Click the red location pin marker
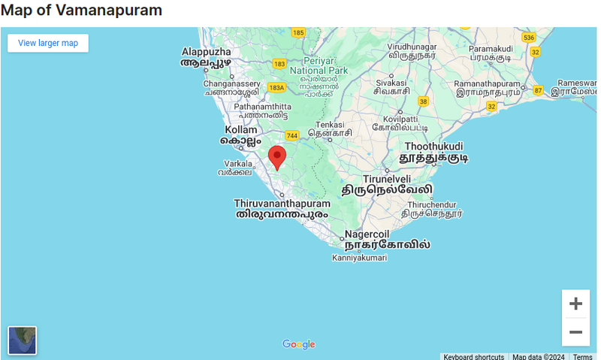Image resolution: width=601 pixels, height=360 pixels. pos(277,156)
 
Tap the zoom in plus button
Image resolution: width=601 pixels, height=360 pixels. pos(575,304)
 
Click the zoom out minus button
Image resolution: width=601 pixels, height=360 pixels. pos(575,332)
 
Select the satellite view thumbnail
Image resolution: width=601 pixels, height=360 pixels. pos(23,340)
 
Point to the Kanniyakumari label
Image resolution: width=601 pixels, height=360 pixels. pos(359,258)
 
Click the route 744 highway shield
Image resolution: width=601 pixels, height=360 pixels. pos(291,135)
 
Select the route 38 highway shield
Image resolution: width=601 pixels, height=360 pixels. pos(424,101)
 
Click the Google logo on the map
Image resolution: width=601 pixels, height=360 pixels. pos(299,344)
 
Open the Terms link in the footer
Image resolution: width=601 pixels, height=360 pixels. pos(582,357)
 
